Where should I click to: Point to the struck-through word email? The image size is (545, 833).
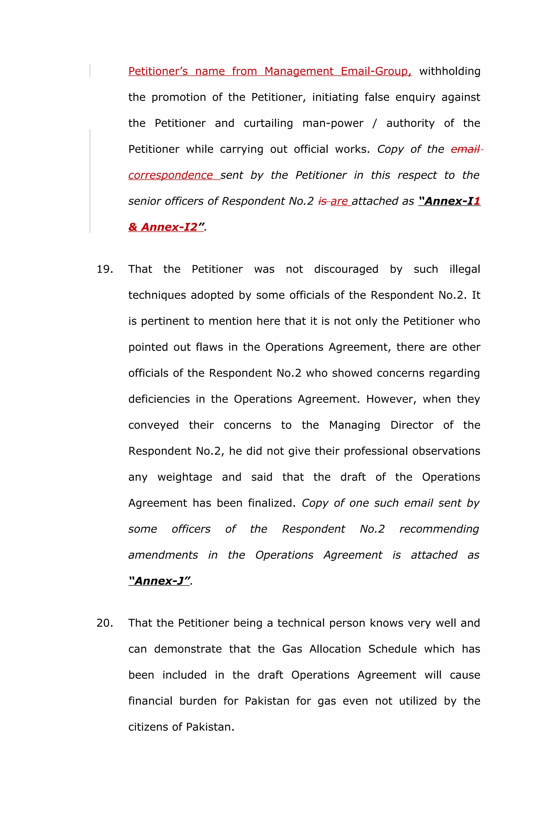click(x=465, y=149)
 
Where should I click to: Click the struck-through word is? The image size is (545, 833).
click(x=322, y=201)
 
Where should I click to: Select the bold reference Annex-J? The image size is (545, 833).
click(x=159, y=581)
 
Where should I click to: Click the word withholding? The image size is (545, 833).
click(x=449, y=71)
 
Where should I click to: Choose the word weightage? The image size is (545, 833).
click(x=185, y=477)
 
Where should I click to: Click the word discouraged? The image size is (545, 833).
click(x=346, y=269)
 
